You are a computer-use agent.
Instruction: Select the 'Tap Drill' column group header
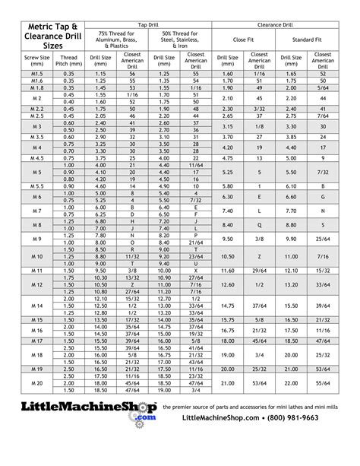(147, 25)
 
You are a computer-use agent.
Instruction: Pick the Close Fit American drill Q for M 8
(260, 225)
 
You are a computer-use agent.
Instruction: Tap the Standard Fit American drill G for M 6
(323, 196)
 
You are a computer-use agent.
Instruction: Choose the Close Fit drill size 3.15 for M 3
(227, 125)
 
